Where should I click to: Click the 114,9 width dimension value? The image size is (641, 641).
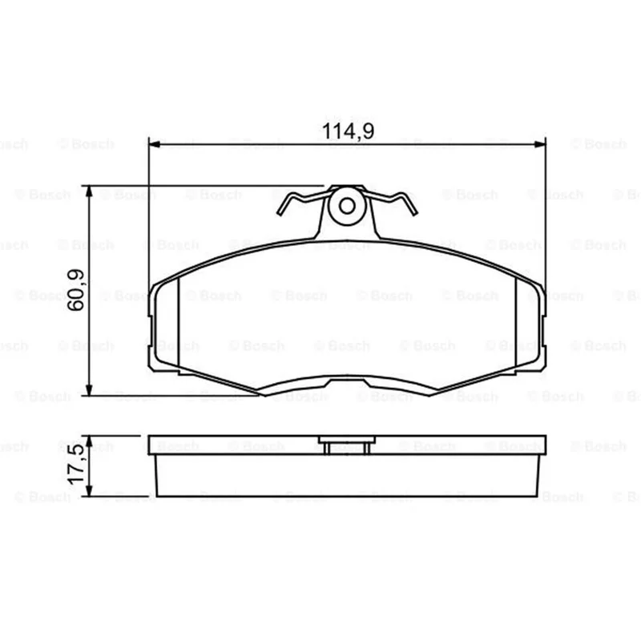point(348,131)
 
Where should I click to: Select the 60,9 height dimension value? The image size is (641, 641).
point(76,290)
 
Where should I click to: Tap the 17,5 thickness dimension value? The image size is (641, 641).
point(76,466)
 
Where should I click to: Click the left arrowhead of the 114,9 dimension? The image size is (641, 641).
point(154,144)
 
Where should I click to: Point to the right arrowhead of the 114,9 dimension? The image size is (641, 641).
point(540,144)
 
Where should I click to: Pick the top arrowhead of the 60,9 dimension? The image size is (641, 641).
point(89,191)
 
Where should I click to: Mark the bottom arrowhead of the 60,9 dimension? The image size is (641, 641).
point(89,390)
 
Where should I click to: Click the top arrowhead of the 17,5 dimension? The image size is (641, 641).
point(89,441)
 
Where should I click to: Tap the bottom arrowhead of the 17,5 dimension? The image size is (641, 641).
point(89,491)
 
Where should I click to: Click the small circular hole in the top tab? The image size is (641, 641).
point(347,206)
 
